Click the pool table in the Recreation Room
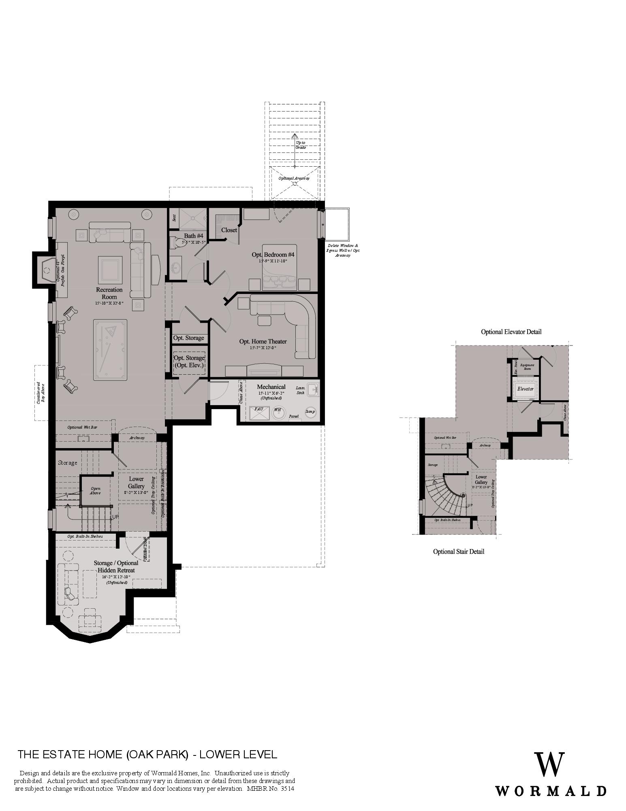pyautogui.click(x=110, y=350)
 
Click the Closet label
pyautogui.click(x=229, y=230)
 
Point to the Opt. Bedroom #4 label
pyautogui.click(x=273, y=255)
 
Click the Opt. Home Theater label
pyautogui.click(x=263, y=341)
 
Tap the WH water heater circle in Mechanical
pyautogui.click(x=278, y=412)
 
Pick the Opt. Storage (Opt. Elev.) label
pyautogui.click(x=189, y=361)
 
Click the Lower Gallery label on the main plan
pyautogui.click(x=136, y=483)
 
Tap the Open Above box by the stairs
pyautogui.click(x=95, y=491)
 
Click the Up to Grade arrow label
pyautogui.click(x=300, y=145)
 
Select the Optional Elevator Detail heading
pyautogui.click(x=511, y=332)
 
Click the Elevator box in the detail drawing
pyautogui.click(x=525, y=388)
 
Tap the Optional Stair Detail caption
pyautogui.click(x=458, y=551)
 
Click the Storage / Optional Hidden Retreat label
pyautogui.click(x=116, y=566)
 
